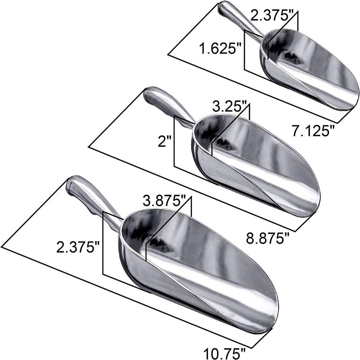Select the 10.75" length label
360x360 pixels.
225,354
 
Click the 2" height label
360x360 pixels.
165,141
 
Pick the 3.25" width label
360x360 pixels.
229,106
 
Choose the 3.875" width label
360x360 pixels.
163,200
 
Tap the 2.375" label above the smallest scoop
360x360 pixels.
271,16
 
